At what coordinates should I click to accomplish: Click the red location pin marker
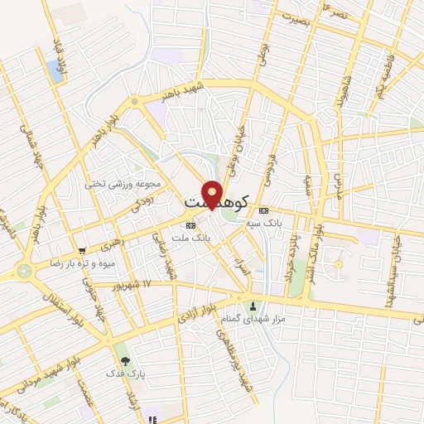pos(213,195)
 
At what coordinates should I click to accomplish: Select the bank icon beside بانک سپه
pos(263,210)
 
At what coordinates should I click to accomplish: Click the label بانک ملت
pos(191,238)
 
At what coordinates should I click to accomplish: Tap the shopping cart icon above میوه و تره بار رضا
pos(81,252)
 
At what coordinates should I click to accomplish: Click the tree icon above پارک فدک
pos(125,361)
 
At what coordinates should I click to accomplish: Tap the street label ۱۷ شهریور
pos(135,284)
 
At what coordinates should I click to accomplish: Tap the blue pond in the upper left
pos(55,71)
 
